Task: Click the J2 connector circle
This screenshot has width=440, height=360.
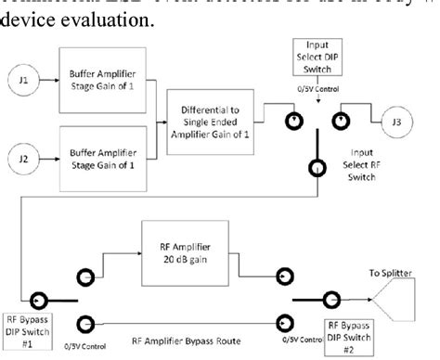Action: tap(24, 150)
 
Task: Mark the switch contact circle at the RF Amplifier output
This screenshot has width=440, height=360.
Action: tap(279, 275)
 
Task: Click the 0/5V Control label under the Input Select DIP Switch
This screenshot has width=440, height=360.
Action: tap(314, 91)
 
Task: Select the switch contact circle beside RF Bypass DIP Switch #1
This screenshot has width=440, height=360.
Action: tap(39, 299)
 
